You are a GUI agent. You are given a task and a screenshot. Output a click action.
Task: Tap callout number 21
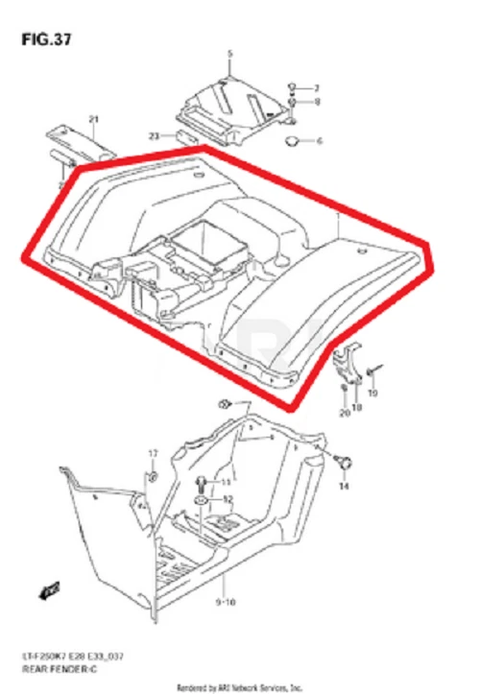[x=94, y=119]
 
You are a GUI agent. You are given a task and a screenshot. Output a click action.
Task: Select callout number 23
[x=154, y=135]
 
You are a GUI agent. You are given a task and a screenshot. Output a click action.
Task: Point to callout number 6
[x=320, y=141]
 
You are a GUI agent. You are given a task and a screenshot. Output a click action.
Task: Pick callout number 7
[x=317, y=87]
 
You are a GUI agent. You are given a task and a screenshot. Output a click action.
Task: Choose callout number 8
[x=317, y=102]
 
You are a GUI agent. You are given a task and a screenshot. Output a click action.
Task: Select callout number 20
[x=344, y=414]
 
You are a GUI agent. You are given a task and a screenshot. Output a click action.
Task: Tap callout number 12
[x=228, y=499]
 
